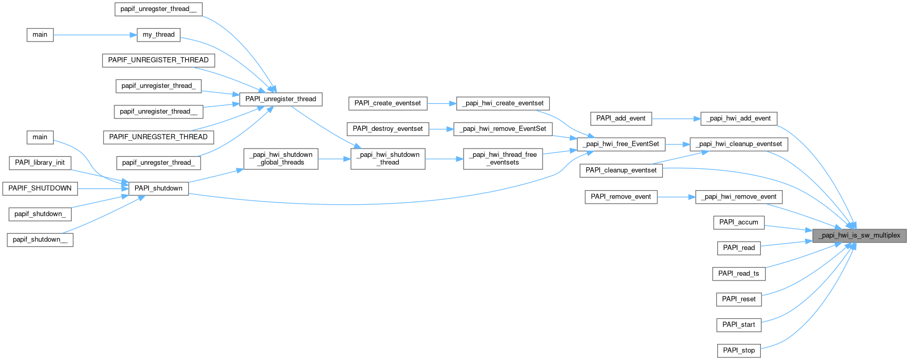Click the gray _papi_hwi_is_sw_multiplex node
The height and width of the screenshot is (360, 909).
point(860,235)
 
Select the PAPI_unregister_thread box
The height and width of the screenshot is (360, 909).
point(281,99)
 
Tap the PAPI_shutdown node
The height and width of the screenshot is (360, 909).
point(159,188)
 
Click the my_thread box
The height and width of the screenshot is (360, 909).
point(159,35)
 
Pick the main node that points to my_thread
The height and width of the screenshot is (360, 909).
point(40,35)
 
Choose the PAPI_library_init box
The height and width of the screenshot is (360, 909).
point(40,163)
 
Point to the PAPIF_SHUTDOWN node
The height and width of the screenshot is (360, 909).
point(40,188)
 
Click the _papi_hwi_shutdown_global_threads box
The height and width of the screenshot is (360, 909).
point(281,158)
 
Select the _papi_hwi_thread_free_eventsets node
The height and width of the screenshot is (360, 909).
point(503,158)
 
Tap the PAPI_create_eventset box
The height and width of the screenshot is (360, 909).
point(388,103)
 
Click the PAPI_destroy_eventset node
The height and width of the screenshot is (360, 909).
point(388,129)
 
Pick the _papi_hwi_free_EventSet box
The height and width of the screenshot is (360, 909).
point(621,144)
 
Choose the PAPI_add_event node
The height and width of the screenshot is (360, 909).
point(621,118)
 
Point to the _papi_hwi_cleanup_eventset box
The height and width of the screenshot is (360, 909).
point(739,144)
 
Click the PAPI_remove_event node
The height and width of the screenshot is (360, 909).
point(621,197)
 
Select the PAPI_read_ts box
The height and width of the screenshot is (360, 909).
point(739,274)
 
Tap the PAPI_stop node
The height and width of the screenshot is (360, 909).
point(739,351)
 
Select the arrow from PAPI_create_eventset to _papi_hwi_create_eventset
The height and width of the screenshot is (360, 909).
point(442,103)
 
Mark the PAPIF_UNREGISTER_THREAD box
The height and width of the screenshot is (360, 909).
point(159,60)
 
